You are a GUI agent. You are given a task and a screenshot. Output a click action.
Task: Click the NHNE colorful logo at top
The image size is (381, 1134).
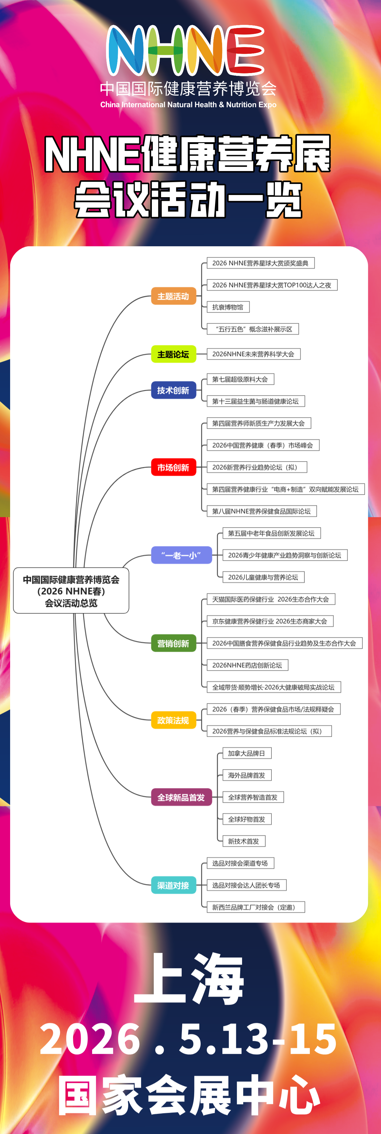click(186, 50)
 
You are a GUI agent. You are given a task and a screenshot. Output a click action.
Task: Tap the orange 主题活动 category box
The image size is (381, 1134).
click(173, 296)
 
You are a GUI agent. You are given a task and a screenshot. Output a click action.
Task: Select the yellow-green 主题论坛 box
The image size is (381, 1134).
click(173, 354)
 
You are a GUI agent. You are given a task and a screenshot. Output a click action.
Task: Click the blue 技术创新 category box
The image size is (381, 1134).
click(173, 391)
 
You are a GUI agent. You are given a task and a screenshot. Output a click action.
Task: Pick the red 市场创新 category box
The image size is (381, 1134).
click(173, 468)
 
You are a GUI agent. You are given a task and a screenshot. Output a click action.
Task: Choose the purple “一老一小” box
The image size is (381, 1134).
click(181, 555)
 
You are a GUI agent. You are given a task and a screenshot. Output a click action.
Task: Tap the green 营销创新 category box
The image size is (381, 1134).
click(173, 643)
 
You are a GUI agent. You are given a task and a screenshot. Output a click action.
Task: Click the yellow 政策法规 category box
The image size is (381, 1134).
click(173, 720)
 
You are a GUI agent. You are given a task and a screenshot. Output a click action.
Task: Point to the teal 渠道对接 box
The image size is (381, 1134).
click(173, 885)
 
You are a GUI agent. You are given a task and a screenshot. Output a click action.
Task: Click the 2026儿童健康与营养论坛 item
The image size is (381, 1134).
click(263, 577)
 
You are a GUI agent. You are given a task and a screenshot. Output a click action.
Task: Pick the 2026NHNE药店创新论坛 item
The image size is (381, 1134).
click(247, 665)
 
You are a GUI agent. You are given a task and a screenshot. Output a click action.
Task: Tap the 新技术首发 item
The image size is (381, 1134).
click(243, 841)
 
